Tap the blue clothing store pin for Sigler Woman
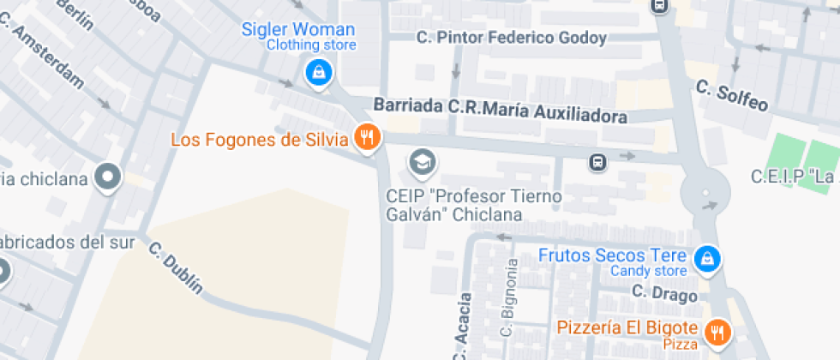[318, 73]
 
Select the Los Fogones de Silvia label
[259, 139]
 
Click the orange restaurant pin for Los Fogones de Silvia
[369, 137]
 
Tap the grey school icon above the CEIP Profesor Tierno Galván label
[421, 160]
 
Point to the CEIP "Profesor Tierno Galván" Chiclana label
[473, 206]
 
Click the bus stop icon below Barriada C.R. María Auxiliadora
[597, 161]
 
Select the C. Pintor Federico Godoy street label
[511, 38]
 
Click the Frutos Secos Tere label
[612, 255]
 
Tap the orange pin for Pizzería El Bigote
[717, 331]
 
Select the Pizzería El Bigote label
[629, 327]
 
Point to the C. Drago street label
[663, 294]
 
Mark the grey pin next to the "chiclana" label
[107, 177]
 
